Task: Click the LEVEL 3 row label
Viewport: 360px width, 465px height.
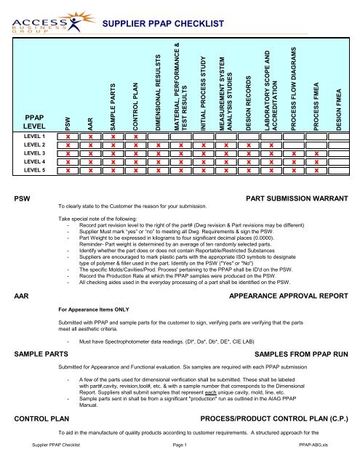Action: click(x=35, y=154)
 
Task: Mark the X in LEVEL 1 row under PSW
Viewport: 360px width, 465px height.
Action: click(x=68, y=137)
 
